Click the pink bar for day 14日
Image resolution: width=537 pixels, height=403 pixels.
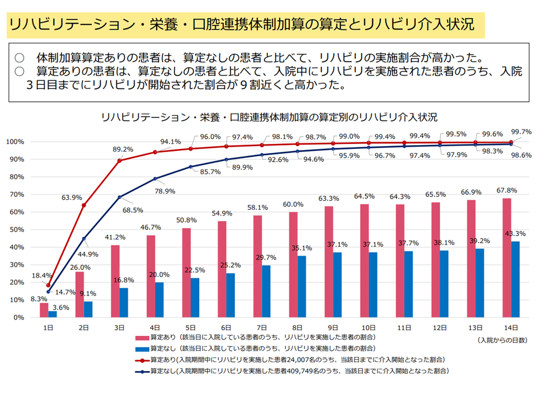[x=507, y=257]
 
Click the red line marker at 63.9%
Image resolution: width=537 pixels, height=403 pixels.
[x=84, y=205]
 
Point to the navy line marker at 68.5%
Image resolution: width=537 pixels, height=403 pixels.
[x=119, y=197]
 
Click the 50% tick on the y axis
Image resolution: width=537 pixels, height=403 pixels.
[x=16, y=229]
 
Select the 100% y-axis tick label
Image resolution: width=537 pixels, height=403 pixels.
[x=15, y=142]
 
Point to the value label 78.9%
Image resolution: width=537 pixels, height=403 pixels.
[x=167, y=192]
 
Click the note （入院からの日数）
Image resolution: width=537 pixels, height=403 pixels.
[x=502, y=340]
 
